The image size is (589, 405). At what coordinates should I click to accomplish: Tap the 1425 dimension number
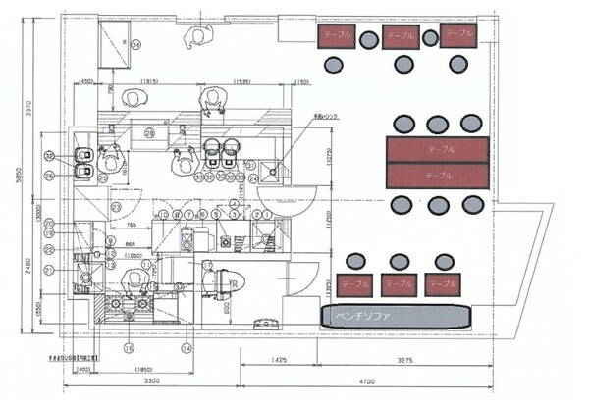[281, 360]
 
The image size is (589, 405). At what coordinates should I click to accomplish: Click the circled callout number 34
[136, 44]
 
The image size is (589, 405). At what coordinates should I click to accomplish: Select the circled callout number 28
[149, 133]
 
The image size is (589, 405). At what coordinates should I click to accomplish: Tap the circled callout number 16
[129, 347]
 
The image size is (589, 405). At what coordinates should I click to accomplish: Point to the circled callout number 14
[185, 347]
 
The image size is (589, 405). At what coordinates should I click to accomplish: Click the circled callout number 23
[116, 207]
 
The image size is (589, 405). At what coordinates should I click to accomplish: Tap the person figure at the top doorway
[200, 34]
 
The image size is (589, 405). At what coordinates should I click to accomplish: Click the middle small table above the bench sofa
[399, 284]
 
